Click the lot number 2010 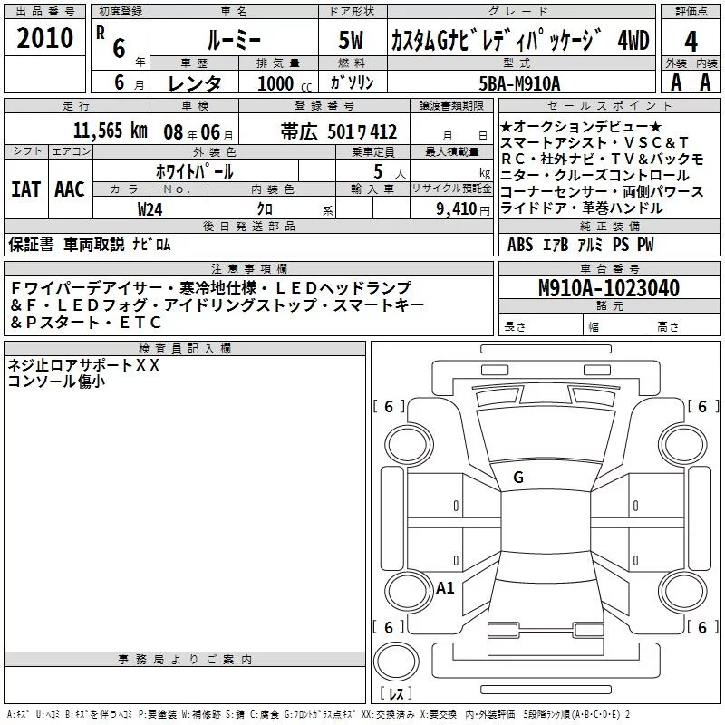(x=44, y=38)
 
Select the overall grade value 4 (x=691, y=42)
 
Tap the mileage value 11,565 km (x=110, y=130)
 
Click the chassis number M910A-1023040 (x=609, y=287)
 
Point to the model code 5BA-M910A (x=519, y=83)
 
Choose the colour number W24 (x=150, y=209)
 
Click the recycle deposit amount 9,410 (x=457, y=209)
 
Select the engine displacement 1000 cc (x=285, y=83)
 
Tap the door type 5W (x=351, y=40)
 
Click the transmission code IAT (x=25, y=189)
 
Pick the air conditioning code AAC (x=70, y=189)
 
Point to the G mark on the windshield (x=518, y=478)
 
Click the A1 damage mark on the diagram (x=445, y=587)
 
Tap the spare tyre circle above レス (x=396, y=662)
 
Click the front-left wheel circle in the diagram (x=409, y=445)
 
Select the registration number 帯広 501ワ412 (x=338, y=131)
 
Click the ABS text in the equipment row (x=519, y=244)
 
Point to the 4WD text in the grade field (x=633, y=41)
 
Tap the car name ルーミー (x=234, y=41)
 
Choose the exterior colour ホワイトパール (x=194, y=171)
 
